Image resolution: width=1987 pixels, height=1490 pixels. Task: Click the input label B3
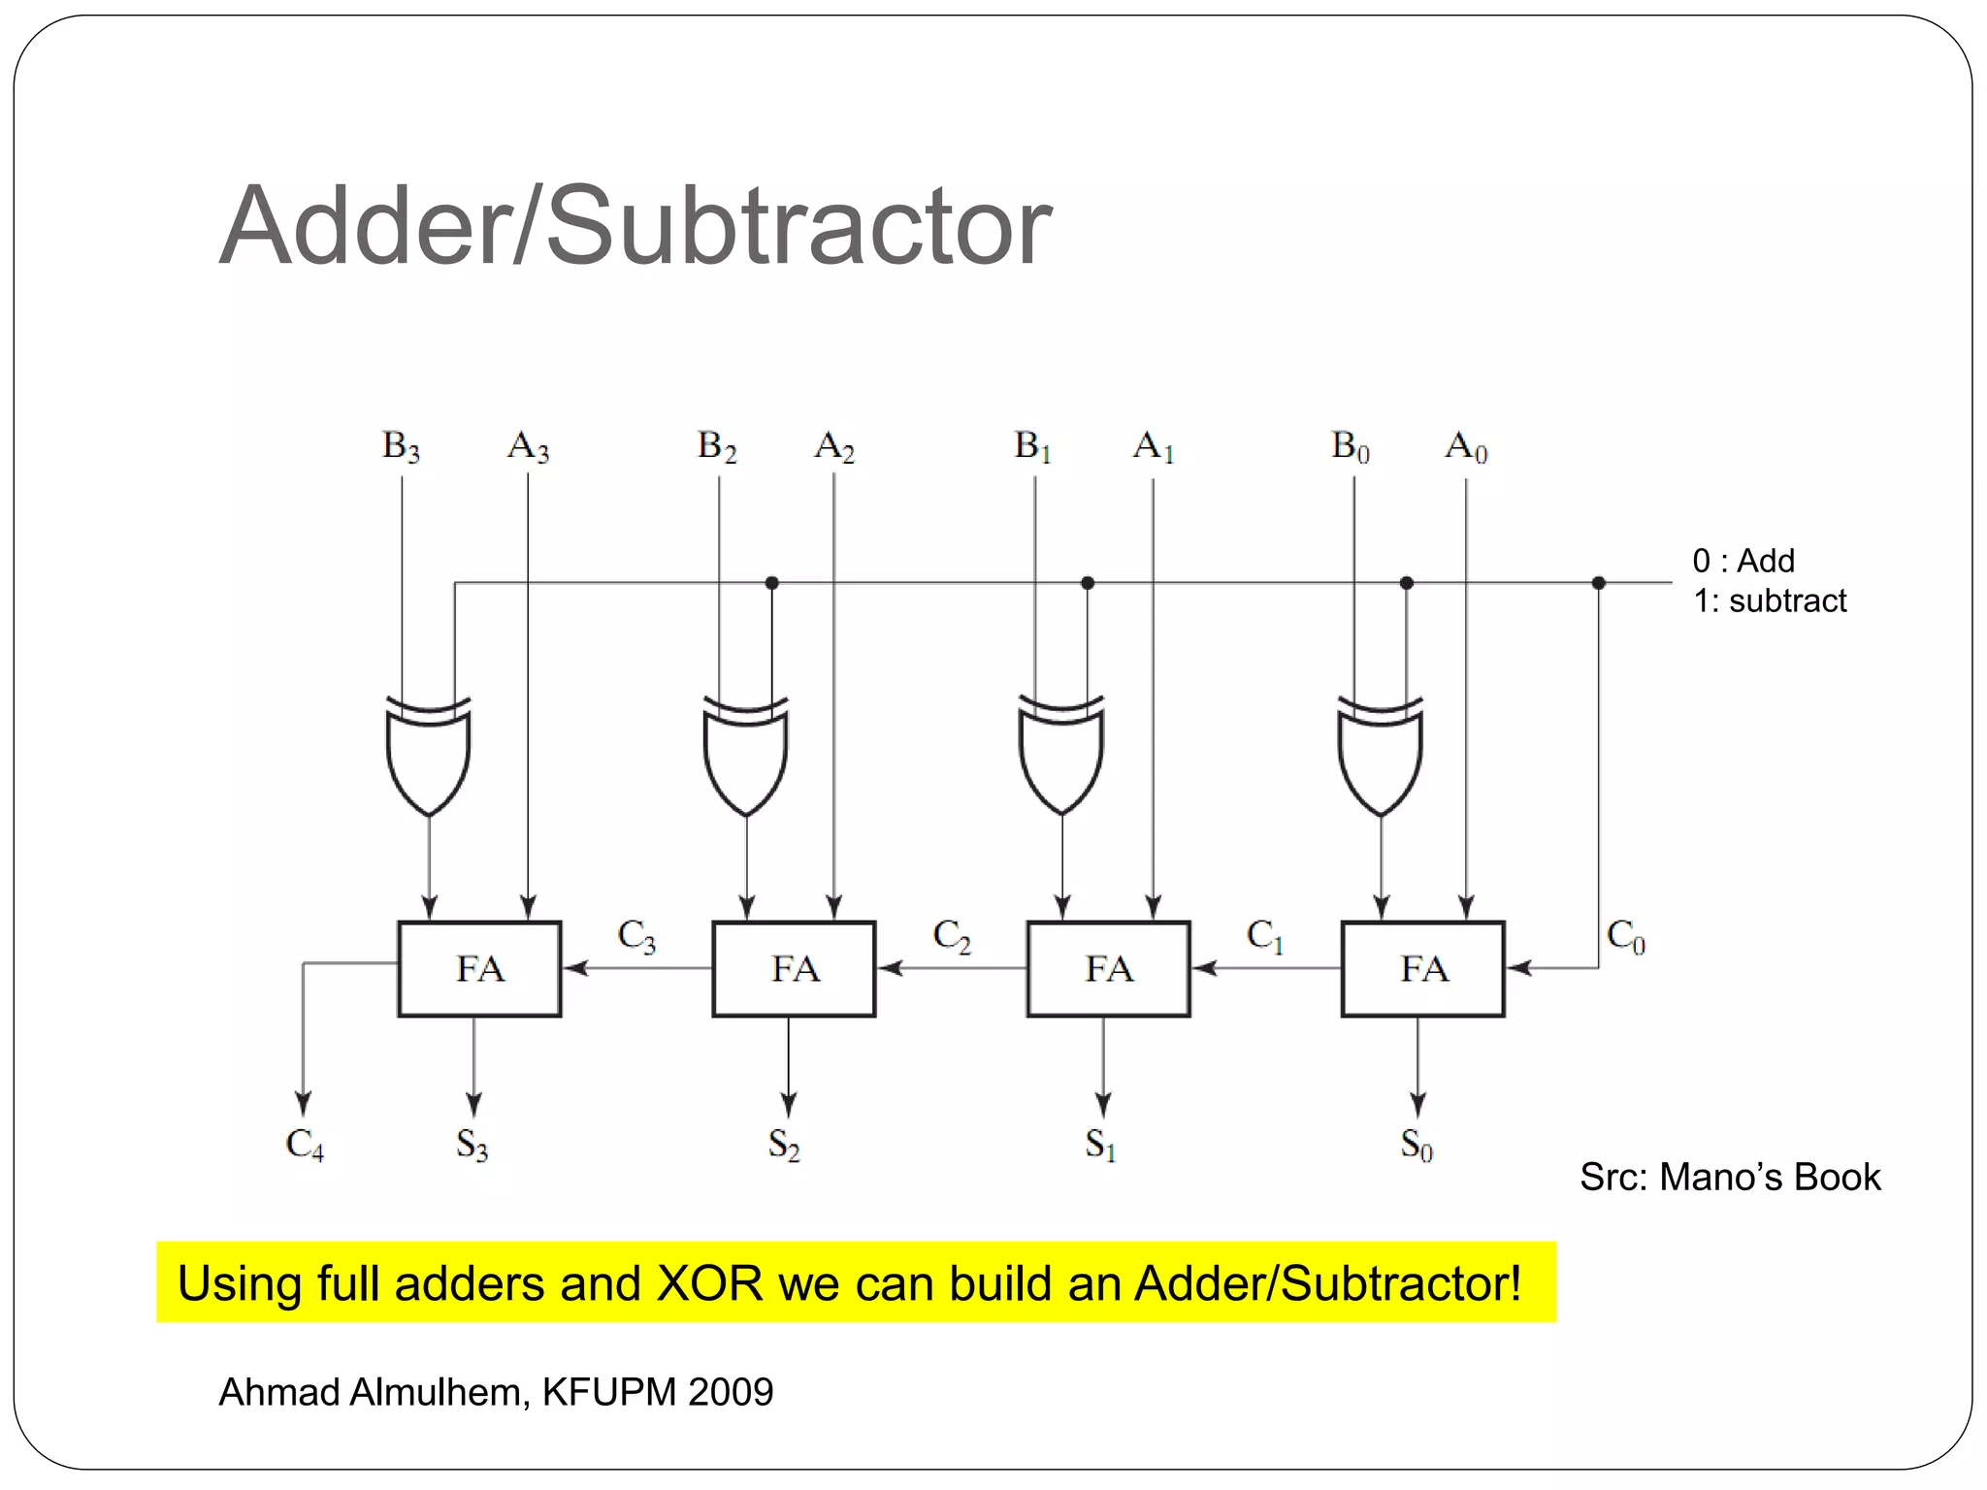click(401, 447)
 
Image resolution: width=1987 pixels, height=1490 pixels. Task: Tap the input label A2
click(834, 447)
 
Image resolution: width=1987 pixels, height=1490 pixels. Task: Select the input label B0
click(1350, 447)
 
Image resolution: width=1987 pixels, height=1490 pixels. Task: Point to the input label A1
click(1154, 447)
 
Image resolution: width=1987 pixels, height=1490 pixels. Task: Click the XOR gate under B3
click(429, 757)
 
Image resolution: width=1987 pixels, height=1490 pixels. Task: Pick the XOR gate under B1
click(1061, 757)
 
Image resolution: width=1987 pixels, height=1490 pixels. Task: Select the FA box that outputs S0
click(1422, 968)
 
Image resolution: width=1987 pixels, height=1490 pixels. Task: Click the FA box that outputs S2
click(794, 968)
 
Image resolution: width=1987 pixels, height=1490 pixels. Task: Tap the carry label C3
click(636, 936)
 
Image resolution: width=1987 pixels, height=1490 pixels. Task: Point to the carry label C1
click(1265, 936)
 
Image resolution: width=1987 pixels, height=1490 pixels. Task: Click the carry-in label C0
click(1626, 936)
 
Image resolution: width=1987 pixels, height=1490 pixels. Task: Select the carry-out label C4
click(305, 1145)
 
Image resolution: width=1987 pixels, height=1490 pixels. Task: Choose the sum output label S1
click(1100, 1145)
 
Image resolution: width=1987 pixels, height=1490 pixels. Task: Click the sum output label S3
click(472, 1145)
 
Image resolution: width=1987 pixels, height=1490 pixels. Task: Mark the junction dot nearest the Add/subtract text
click(1599, 583)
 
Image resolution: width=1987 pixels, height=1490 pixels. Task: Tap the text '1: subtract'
click(1770, 601)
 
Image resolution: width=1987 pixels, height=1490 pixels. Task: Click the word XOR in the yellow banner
click(710, 1283)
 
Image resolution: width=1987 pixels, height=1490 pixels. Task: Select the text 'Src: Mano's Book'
click(1730, 1177)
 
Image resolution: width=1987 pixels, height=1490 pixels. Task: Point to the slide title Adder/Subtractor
click(635, 226)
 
